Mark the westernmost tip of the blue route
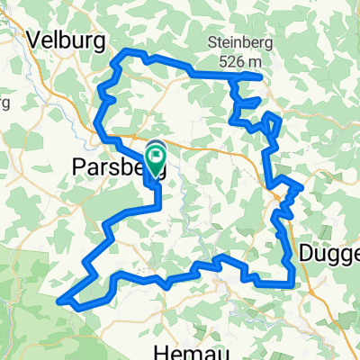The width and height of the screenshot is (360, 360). [x=59, y=301]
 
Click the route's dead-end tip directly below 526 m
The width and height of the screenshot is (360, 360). [x=260, y=77]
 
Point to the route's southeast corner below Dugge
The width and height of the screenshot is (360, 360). [x=293, y=285]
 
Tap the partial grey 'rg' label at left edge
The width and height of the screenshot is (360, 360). [x=4, y=100]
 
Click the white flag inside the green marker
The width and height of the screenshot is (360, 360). [x=156, y=157]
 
